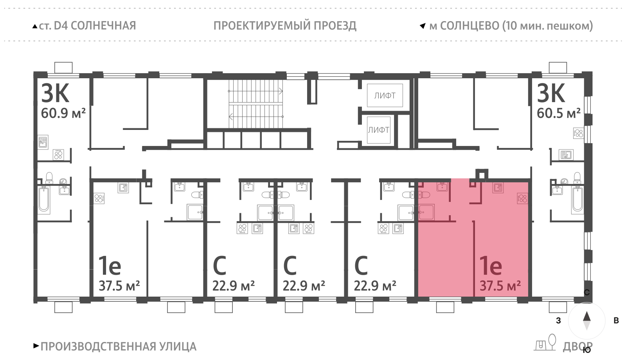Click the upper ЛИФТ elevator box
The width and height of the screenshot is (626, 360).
(x=385, y=95)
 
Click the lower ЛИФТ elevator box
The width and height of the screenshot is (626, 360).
(x=378, y=130)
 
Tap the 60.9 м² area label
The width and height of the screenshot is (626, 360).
(x=63, y=113)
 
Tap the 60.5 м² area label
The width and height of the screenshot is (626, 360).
(x=558, y=113)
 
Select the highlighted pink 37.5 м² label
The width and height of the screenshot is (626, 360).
(x=500, y=286)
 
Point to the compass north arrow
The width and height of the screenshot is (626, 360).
(x=586, y=317)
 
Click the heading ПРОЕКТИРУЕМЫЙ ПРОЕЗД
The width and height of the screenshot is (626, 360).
(x=285, y=26)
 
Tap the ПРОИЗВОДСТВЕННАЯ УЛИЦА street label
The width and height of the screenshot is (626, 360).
(x=118, y=347)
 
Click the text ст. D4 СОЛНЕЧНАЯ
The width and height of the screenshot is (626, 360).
(x=87, y=26)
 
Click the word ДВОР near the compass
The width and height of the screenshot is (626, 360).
(x=577, y=347)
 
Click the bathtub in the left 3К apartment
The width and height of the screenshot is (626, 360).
(x=44, y=199)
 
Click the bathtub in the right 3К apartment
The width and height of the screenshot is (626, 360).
(x=577, y=199)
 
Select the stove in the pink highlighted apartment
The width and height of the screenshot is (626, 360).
(x=522, y=198)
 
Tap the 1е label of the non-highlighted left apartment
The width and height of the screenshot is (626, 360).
(x=110, y=266)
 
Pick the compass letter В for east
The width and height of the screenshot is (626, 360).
(x=616, y=321)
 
